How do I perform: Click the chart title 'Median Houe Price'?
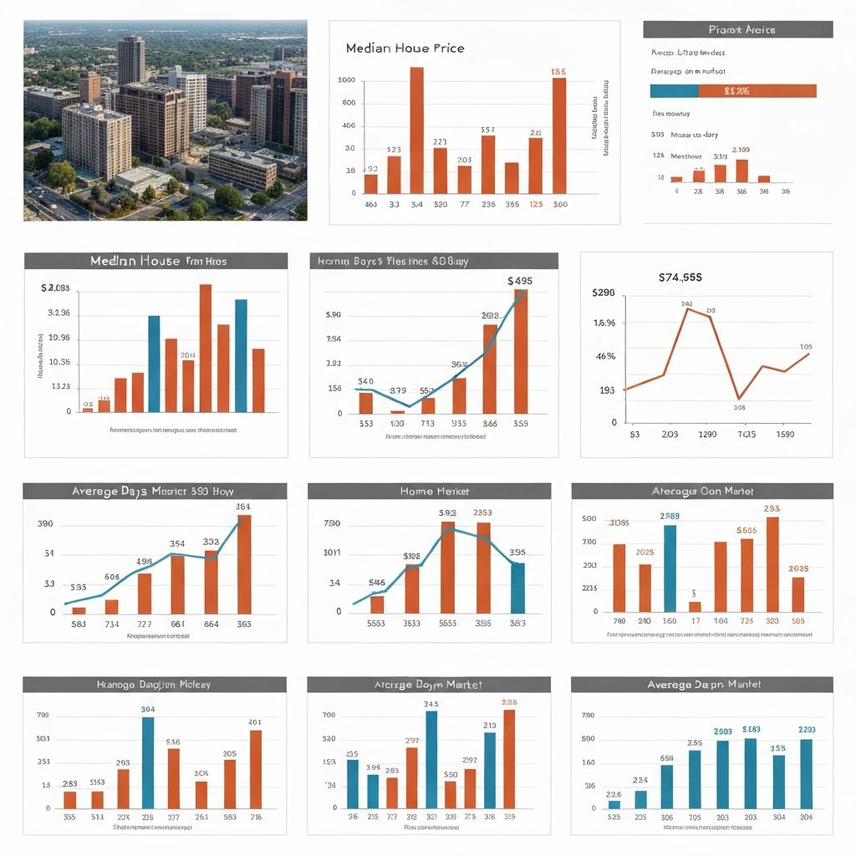coord(405,48)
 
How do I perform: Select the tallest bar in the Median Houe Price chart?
coord(416,130)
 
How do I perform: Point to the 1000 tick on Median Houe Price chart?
coord(346,80)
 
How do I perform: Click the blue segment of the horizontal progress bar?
coord(673,91)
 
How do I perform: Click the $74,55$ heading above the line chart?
coord(680,276)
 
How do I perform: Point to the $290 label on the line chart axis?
coord(603,293)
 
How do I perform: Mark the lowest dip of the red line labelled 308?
coord(738,398)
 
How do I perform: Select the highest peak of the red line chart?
coord(688,309)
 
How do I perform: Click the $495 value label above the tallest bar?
coord(520,281)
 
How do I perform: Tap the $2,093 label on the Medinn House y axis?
coord(55,288)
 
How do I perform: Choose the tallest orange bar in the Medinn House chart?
coord(205,348)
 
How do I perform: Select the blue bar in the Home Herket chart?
coord(517,588)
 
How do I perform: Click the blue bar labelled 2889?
coord(670,568)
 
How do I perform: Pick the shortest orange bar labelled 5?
coord(695,606)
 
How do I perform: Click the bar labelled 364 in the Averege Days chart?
coord(243,564)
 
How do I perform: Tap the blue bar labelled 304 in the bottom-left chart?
coord(148,762)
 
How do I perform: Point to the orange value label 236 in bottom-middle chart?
coord(509,703)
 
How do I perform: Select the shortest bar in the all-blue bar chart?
coord(614,804)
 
